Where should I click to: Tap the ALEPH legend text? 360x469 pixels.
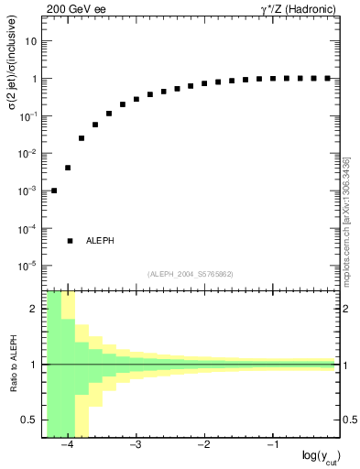(x=100, y=241)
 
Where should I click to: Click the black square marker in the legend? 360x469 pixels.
(x=70, y=241)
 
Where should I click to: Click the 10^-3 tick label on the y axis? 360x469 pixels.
(x=27, y=191)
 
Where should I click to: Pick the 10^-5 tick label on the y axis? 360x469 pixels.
(x=27, y=266)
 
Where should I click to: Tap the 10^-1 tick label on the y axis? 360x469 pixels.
(x=27, y=116)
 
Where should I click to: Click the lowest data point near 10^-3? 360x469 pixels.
(x=54, y=191)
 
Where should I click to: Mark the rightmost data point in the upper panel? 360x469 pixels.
(x=327, y=78)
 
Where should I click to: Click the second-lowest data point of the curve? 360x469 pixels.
(x=68, y=168)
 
